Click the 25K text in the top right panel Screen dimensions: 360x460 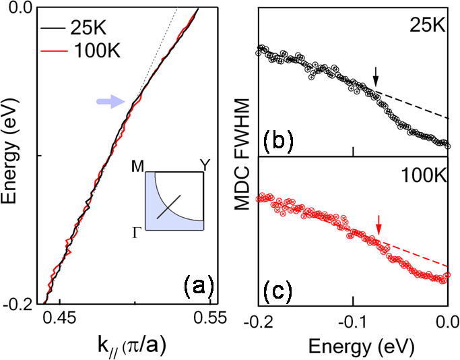(430, 26)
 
